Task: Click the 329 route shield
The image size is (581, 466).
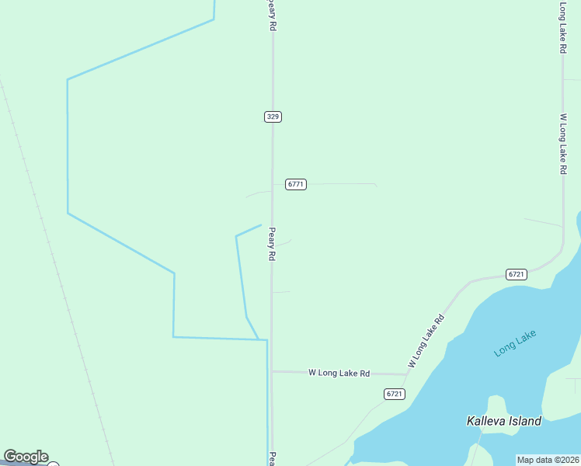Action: coord(272,116)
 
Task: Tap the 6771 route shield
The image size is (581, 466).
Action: coord(296,184)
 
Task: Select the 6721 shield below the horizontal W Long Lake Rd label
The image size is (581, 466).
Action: coord(395,394)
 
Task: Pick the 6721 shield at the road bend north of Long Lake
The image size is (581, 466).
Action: coord(517,274)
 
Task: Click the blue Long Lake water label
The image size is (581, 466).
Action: coord(515,343)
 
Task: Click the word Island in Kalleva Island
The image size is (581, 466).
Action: coord(525,421)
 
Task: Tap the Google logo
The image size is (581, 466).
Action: coord(26,457)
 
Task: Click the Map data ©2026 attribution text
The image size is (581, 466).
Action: coord(548,460)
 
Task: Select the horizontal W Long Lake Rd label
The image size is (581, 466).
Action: coord(339,373)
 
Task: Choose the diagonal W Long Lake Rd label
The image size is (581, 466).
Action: coord(426,341)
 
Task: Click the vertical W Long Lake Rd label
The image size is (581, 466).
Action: coord(562,144)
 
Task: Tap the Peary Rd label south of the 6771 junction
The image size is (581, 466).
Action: coord(272,244)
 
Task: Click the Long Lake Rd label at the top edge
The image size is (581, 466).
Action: coord(562,27)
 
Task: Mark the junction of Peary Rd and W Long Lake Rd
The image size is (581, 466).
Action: coord(272,372)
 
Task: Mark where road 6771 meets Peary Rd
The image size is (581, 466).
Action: coord(272,184)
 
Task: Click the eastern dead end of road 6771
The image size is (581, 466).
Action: coord(376,185)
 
